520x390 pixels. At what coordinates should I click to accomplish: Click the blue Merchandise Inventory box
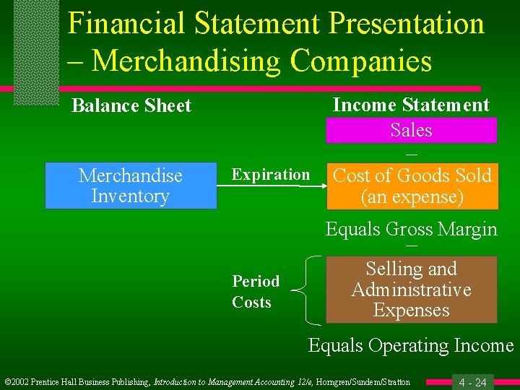[131, 186]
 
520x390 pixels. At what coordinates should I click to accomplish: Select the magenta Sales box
[411, 130]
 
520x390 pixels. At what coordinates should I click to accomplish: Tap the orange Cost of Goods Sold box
[411, 186]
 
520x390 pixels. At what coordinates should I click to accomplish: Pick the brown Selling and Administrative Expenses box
[411, 290]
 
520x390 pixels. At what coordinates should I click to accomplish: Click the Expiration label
[270, 175]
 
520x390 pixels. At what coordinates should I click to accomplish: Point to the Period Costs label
[256, 292]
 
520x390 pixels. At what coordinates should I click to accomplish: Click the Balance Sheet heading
[131, 105]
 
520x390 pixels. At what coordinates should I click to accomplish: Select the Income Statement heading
[411, 105]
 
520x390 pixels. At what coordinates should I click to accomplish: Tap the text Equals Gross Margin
[411, 229]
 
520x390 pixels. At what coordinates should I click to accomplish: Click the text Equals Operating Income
[411, 345]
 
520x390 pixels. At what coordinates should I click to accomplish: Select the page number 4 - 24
[472, 381]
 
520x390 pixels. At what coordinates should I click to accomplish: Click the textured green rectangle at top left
[35, 51]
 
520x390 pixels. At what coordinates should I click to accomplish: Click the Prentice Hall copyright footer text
[207, 381]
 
